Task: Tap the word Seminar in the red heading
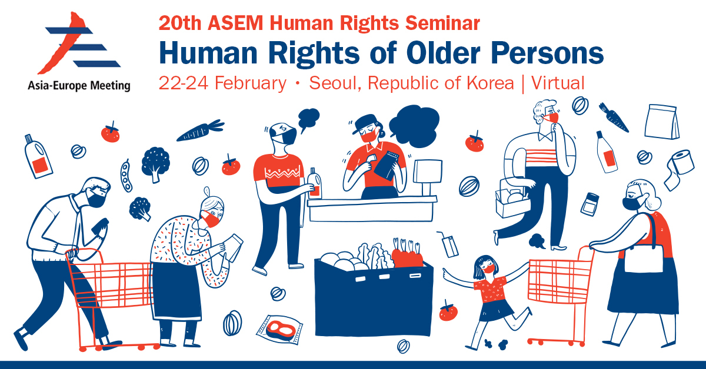point(442,24)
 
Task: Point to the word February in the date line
point(250,83)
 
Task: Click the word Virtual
point(558,83)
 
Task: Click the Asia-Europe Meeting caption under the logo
point(79,86)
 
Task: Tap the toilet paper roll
point(678,170)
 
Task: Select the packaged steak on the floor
point(279,329)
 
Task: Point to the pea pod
point(126,176)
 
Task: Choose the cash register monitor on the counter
point(427,177)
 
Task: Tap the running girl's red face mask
point(489,269)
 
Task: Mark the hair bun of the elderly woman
point(207,191)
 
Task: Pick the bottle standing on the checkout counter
point(315,183)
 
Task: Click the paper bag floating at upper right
point(662,122)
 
